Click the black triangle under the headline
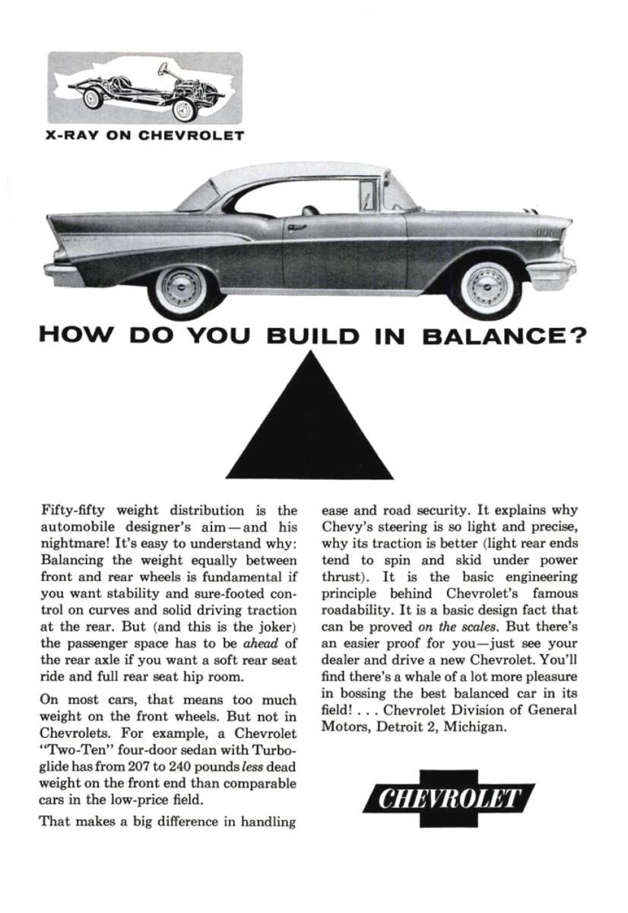pos(309,434)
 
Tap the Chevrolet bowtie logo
pos(449,800)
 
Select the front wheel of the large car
pos(486,288)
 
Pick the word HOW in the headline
pos(76,336)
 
